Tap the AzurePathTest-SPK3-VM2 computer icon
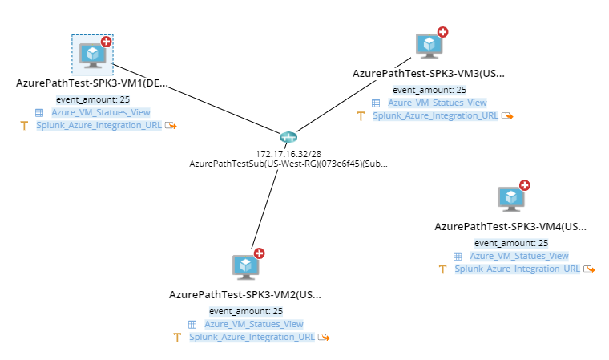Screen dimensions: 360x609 click(245, 267)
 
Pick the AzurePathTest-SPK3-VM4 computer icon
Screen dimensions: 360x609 click(510, 199)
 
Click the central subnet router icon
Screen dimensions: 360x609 click(288, 139)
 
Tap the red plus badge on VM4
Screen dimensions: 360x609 click(525, 185)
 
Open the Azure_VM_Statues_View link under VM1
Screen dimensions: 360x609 click(100, 112)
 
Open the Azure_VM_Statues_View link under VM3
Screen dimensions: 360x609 click(437, 103)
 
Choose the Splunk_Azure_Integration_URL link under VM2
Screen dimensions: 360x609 click(252, 337)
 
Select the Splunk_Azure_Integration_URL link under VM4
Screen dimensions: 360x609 click(517, 269)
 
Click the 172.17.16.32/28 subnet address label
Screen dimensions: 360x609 click(288, 152)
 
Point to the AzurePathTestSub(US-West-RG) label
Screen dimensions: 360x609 click(288, 163)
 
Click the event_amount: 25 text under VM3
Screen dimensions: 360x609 click(429, 90)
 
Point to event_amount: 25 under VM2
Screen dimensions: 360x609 click(246, 311)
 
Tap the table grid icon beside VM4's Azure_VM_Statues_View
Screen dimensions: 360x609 click(458, 256)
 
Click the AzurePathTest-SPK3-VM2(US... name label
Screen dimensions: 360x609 click(245, 294)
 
